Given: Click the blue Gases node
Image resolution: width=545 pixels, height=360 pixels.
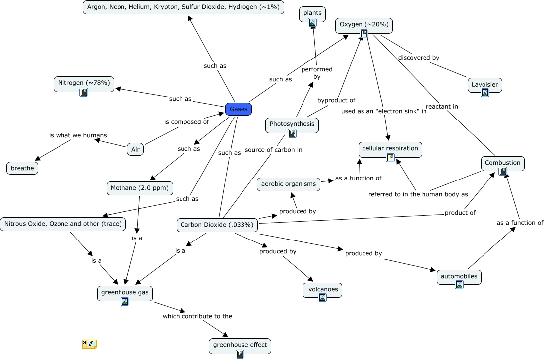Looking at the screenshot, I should click(x=239, y=109).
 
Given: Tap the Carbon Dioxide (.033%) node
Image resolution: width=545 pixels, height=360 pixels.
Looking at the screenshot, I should click(x=217, y=225).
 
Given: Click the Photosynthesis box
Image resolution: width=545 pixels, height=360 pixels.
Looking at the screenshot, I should click(x=292, y=124).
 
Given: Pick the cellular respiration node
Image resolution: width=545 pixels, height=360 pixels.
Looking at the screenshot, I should click(x=390, y=148).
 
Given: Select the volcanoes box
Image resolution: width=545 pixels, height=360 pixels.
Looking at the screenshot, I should click(x=322, y=289).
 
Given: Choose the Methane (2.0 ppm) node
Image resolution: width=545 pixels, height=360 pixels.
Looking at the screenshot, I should click(x=140, y=188).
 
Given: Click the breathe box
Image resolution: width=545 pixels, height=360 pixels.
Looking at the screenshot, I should click(x=22, y=168).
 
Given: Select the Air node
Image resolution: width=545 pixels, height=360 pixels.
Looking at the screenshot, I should click(x=135, y=149).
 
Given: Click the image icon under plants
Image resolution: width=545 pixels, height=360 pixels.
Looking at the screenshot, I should click(x=312, y=22).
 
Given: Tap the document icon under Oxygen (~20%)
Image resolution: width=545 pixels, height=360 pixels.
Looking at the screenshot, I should click(x=364, y=34).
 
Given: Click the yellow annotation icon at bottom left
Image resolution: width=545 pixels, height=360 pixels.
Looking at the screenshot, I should click(x=89, y=344).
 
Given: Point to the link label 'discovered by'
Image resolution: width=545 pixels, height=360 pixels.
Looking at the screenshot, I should click(x=419, y=58).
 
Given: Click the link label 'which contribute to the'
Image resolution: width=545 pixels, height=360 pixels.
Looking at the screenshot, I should click(x=197, y=316).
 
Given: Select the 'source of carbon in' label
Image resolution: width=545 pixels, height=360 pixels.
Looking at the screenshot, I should click(x=273, y=149).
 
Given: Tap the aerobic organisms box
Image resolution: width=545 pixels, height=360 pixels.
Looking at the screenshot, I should click(x=288, y=184).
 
